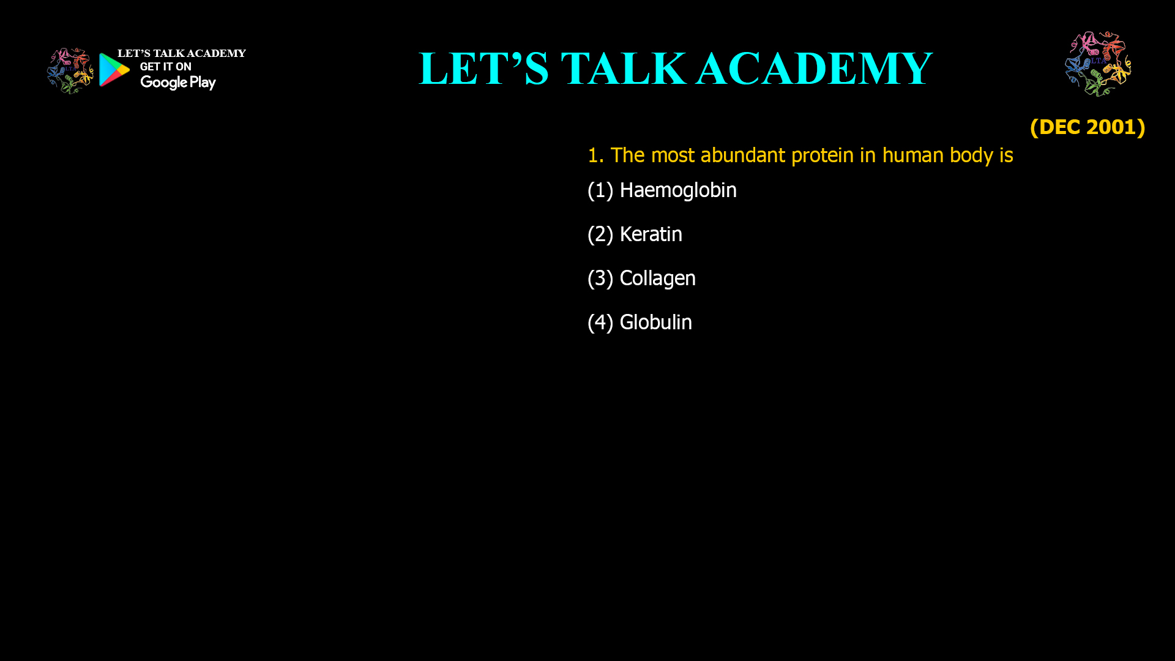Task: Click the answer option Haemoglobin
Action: tap(677, 190)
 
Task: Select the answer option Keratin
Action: tap(651, 234)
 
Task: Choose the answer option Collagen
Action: tap(657, 278)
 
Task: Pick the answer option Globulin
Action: tap(655, 323)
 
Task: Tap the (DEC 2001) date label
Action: tap(1087, 127)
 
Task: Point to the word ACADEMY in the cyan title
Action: tap(814, 69)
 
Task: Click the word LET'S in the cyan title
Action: tap(483, 69)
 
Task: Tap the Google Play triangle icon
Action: tap(114, 70)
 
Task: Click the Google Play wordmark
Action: tap(177, 83)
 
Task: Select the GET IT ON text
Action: tap(165, 67)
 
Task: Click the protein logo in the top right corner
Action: tap(1098, 64)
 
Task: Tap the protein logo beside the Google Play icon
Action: tap(70, 71)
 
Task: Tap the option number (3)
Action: tap(600, 278)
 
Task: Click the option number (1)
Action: tap(600, 190)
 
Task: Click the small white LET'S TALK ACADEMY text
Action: tap(181, 54)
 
